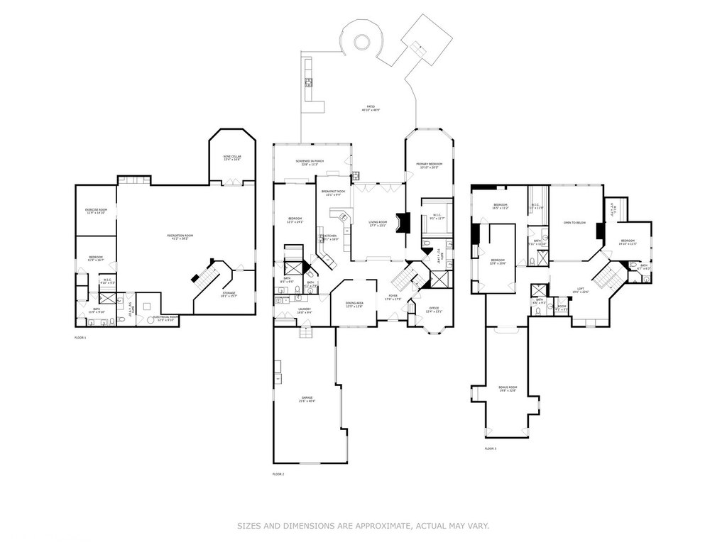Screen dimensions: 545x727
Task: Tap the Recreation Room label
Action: [x=180, y=237]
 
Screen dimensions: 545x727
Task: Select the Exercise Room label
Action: [x=96, y=211]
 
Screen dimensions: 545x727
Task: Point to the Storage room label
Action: [x=229, y=294]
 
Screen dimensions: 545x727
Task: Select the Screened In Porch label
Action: [x=310, y=163]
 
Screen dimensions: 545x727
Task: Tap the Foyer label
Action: [x=393, y=297]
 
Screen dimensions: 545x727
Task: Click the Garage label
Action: [x=307, y=400]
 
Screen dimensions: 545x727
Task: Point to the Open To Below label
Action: [x=574, y=223]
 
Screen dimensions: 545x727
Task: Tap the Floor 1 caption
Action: [x=80, y=338]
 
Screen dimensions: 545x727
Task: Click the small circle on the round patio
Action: [x=361, y=43]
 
